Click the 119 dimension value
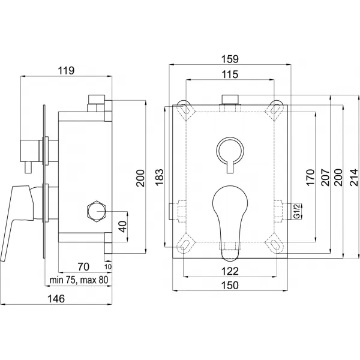point(66,70)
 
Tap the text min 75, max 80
point(78,279)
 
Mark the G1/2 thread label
point(296,210)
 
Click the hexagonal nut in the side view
point(97,211)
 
